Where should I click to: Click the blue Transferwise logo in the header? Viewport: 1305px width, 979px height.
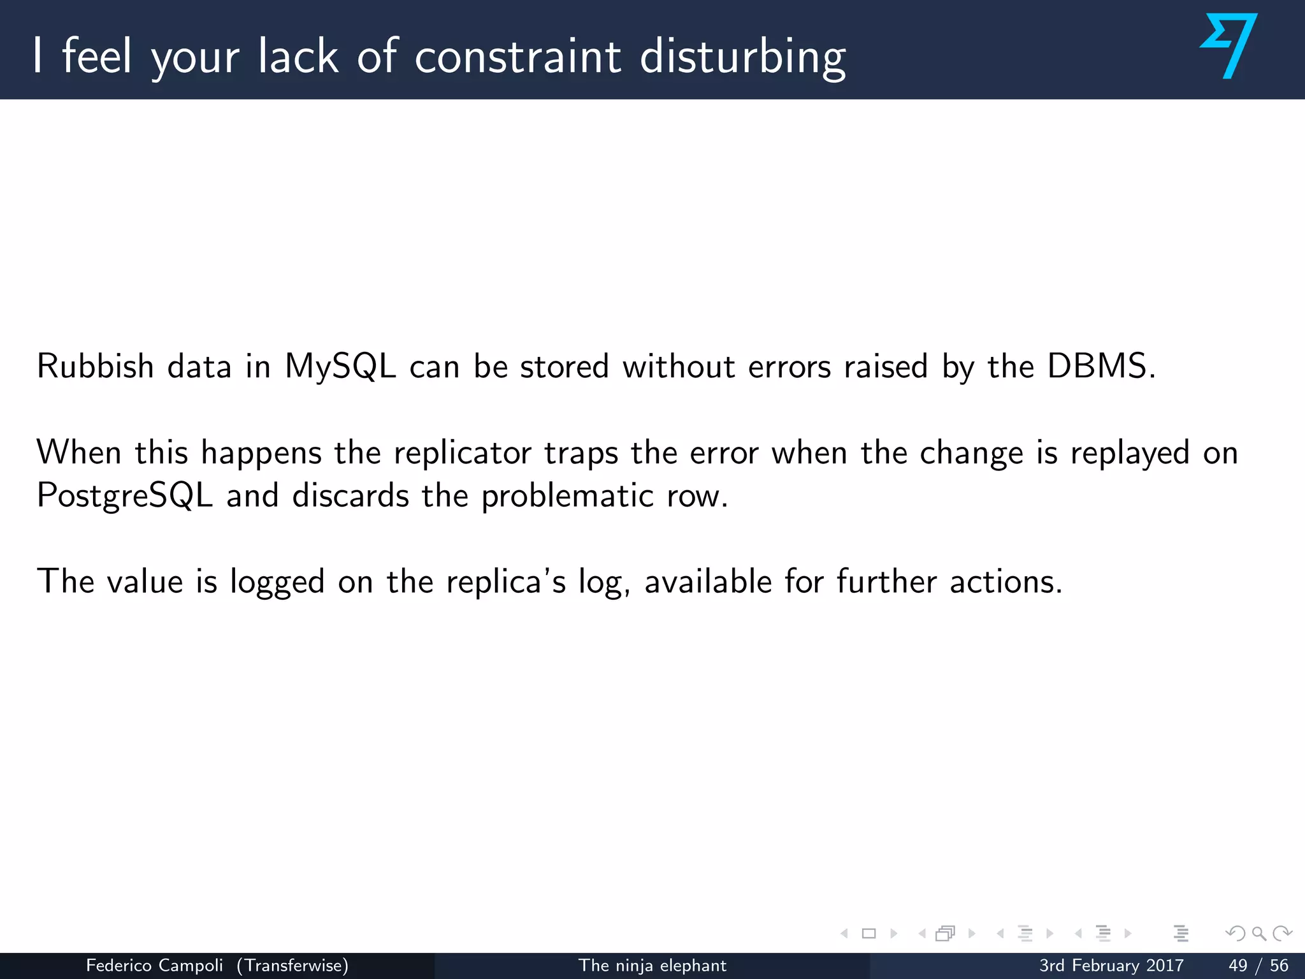coord(1229,46)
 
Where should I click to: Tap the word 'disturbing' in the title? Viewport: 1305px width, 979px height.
coord(742,57)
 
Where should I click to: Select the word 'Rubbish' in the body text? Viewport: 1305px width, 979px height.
coord(95,366)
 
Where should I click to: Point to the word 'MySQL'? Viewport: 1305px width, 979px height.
coord(340,368)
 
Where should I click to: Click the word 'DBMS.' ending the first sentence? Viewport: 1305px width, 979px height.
coord(1101,366)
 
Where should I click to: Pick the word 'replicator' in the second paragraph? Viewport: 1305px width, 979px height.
coord(462,453)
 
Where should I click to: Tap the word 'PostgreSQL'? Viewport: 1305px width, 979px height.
coord(124,496)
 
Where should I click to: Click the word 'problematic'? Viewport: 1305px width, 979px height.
coord(567,496)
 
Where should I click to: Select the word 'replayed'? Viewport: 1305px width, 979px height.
coord(1129,453)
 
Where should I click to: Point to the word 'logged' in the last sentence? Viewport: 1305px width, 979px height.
coord(277,582)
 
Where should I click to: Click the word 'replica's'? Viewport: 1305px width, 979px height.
coord(505,582)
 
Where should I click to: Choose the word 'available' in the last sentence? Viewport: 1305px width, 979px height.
coord(708,582)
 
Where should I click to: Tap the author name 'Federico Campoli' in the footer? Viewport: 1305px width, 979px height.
coord(154,966)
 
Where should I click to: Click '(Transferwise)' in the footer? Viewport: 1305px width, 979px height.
coord(292,966)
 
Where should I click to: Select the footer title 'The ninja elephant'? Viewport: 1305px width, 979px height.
coord(652,966)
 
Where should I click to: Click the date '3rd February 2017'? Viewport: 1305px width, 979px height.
coord(1111,966)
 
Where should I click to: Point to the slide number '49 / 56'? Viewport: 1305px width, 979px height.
coord(1258,966)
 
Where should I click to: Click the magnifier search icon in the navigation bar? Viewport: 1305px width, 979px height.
coord(1258,934)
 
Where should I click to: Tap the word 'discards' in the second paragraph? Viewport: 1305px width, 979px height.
coord(350,496)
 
